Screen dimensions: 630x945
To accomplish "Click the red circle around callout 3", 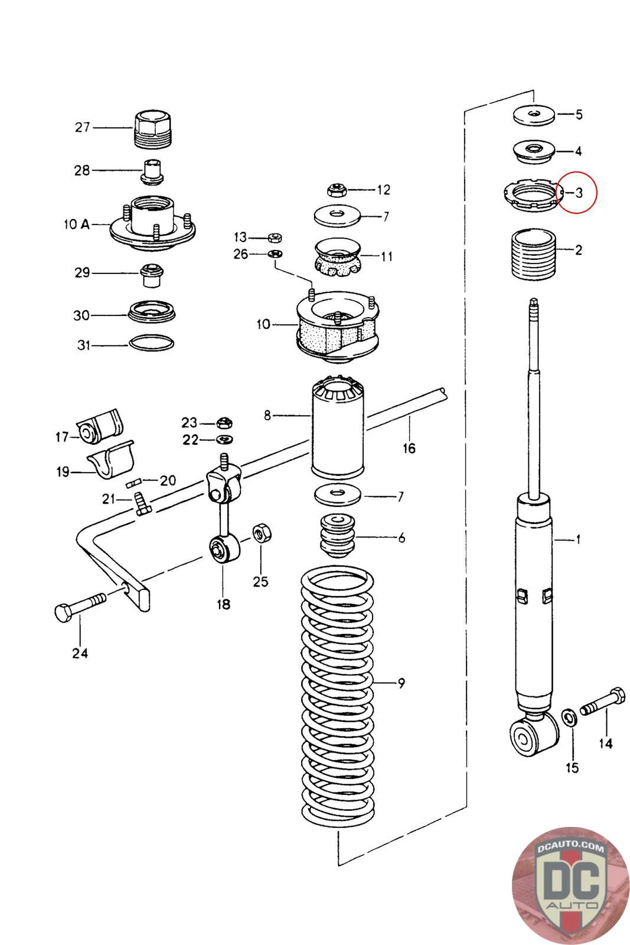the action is [x=576, y=192].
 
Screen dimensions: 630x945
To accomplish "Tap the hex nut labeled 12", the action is [x=337, y=190].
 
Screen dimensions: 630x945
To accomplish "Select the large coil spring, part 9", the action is [x=337, y=697].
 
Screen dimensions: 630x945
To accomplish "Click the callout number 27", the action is [x=82, y=127].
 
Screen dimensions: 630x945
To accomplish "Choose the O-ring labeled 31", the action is [x=151, y=343].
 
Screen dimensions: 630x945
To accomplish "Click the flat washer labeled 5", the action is [x=534, y=115].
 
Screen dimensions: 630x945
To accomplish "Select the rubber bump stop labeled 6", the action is [x=338, y=536].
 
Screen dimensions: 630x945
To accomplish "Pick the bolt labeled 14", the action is [x=603, y=700].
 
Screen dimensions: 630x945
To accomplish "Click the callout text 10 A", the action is [x=77, y=224].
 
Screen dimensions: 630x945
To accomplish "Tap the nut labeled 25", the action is [x=262, y=533].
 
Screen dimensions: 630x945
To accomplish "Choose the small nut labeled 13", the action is [x=275, y=237].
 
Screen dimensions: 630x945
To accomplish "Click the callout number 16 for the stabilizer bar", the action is [x=409, y=448].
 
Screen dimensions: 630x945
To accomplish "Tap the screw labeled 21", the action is [x=142, y=504].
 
